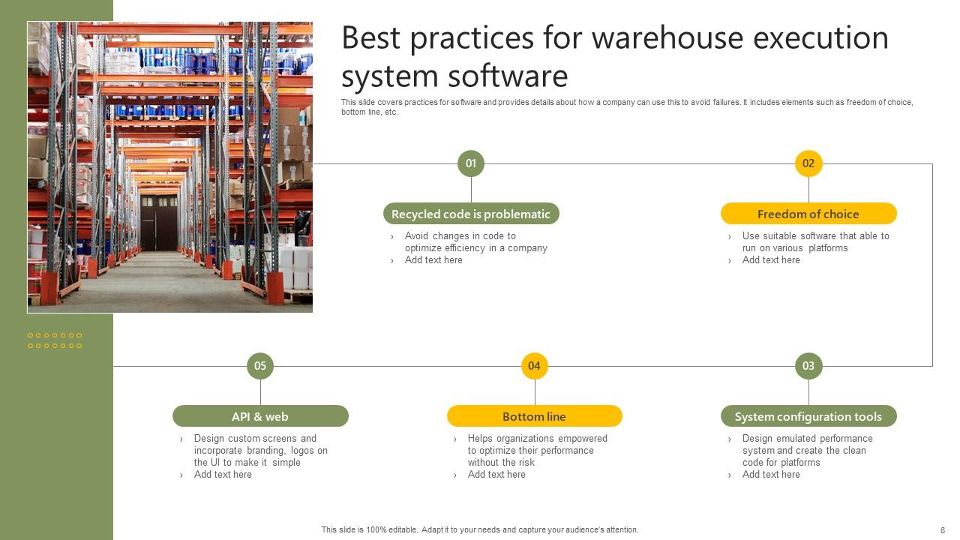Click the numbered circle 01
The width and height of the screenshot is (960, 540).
471,163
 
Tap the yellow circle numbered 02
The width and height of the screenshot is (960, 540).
808,163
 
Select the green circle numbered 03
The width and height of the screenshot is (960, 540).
808,366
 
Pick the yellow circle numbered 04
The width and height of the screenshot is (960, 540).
534,366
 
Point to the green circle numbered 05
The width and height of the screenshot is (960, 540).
260,366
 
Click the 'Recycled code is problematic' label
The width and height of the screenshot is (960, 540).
471,214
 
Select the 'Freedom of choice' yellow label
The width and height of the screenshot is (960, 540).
808,214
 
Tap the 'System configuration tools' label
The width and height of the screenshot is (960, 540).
808,416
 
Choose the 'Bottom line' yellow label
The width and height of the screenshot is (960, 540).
534,416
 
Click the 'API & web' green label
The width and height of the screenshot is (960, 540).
260,416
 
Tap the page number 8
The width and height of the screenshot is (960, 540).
943,530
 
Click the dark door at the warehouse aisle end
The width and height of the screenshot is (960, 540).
159,222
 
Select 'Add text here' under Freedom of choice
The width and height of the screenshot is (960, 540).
771,260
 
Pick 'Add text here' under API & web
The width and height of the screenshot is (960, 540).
223,475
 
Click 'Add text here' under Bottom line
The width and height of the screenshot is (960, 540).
496,475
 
